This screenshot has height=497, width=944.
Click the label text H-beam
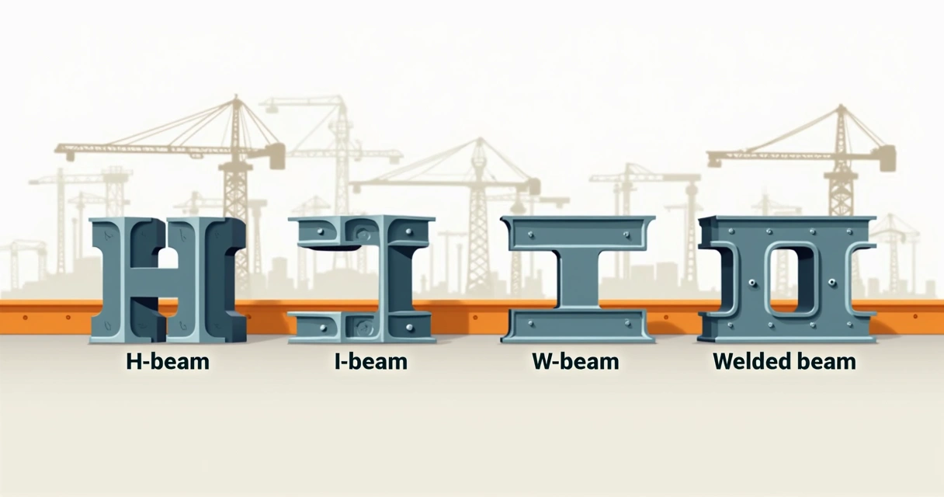tap(168, 361)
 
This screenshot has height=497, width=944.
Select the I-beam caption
tap(371, 361)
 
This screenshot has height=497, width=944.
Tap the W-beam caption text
tap(575, 361)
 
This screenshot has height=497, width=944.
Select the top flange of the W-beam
tap(575, 233)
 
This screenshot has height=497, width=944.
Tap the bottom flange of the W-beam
tap(575, 325)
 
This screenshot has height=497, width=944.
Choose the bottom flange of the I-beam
tap(362, 327)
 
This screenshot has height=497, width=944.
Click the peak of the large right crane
tap(841, 107)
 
